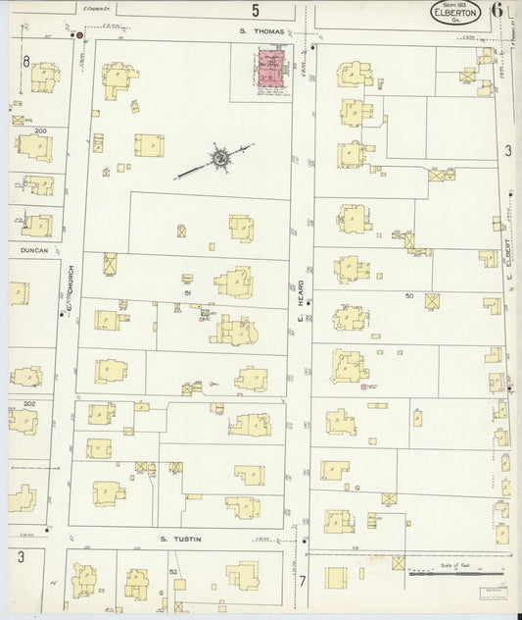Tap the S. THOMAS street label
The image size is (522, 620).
[262, 32]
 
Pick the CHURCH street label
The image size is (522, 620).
[71, 281]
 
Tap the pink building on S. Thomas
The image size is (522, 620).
[268, 74]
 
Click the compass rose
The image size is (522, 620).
[221, 158]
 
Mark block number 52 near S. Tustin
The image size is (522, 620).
[173, 571]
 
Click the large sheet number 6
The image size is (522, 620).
[498, 13]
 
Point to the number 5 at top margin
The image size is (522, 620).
[256, 11]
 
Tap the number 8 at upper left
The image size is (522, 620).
[26, 62]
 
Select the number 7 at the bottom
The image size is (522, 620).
[302, 581]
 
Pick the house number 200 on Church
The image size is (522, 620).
[40, 130]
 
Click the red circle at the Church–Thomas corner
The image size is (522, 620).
[80, 35]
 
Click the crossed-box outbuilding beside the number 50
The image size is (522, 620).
[432, 302]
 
